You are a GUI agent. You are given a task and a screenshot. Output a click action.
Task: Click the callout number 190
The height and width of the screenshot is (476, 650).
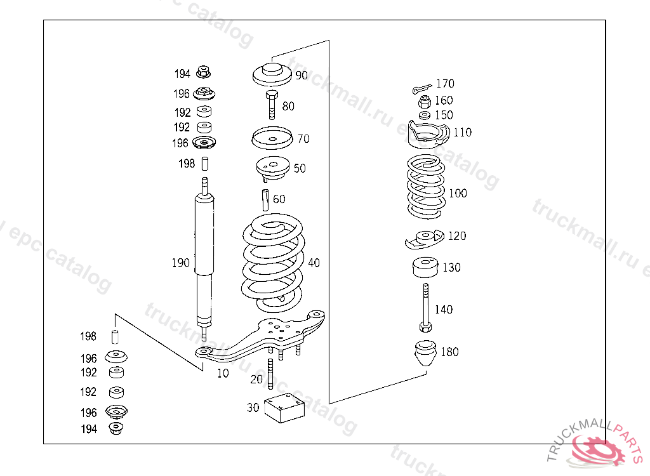pyautogui.click(x=180, y=263)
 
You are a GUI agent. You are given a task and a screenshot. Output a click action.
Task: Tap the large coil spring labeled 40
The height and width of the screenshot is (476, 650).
pyautogui.click(x=274, y=263)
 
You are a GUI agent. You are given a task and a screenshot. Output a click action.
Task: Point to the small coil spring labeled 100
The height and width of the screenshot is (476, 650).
pyautogui.click(x=426, y=187)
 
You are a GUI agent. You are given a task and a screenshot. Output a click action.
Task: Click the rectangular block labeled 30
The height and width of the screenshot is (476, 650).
pyautogui.click(x=284, y=408)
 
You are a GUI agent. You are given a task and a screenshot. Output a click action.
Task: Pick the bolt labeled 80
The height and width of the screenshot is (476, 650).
pyautogui.click(x=272, y=105)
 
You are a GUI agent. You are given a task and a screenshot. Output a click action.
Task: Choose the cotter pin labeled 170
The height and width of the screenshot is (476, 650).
pyautogui.click(x=422, y=88)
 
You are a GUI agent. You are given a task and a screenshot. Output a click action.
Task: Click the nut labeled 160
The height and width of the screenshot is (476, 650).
pyautogui.click(x=425, y=101)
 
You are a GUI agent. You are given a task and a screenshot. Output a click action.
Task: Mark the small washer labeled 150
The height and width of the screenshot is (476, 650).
pyautogui.click(x=425, y=116)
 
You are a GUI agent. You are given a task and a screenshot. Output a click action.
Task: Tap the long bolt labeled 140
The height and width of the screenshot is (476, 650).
pyautogui.click(x=426, y=308)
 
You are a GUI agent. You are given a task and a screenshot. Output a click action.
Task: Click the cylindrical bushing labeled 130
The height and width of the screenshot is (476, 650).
pyautogui.click(x=425, y=267)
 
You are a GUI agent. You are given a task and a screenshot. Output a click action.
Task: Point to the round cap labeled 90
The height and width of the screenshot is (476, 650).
pyautogui.click(x=272, y=75)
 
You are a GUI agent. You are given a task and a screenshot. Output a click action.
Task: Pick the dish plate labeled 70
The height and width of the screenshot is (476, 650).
pyautogui.click(x=272, y=138)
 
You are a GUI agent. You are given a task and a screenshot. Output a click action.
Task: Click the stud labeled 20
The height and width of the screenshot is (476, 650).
pyautogui.click(x=270, y=374)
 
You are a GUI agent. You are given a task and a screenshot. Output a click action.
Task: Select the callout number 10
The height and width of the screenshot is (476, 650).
pyautogui.click(x=223, y=373)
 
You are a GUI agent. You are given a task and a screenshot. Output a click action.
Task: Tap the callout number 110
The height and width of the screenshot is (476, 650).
pyautogui.click(x=462, y=132)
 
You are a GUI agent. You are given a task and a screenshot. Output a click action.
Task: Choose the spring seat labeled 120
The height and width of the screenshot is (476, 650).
pyautogui.click(x=425, y=240)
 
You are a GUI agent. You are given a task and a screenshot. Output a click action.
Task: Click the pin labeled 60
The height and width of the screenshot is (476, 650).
pyautogui.click(x=265, y=200)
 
